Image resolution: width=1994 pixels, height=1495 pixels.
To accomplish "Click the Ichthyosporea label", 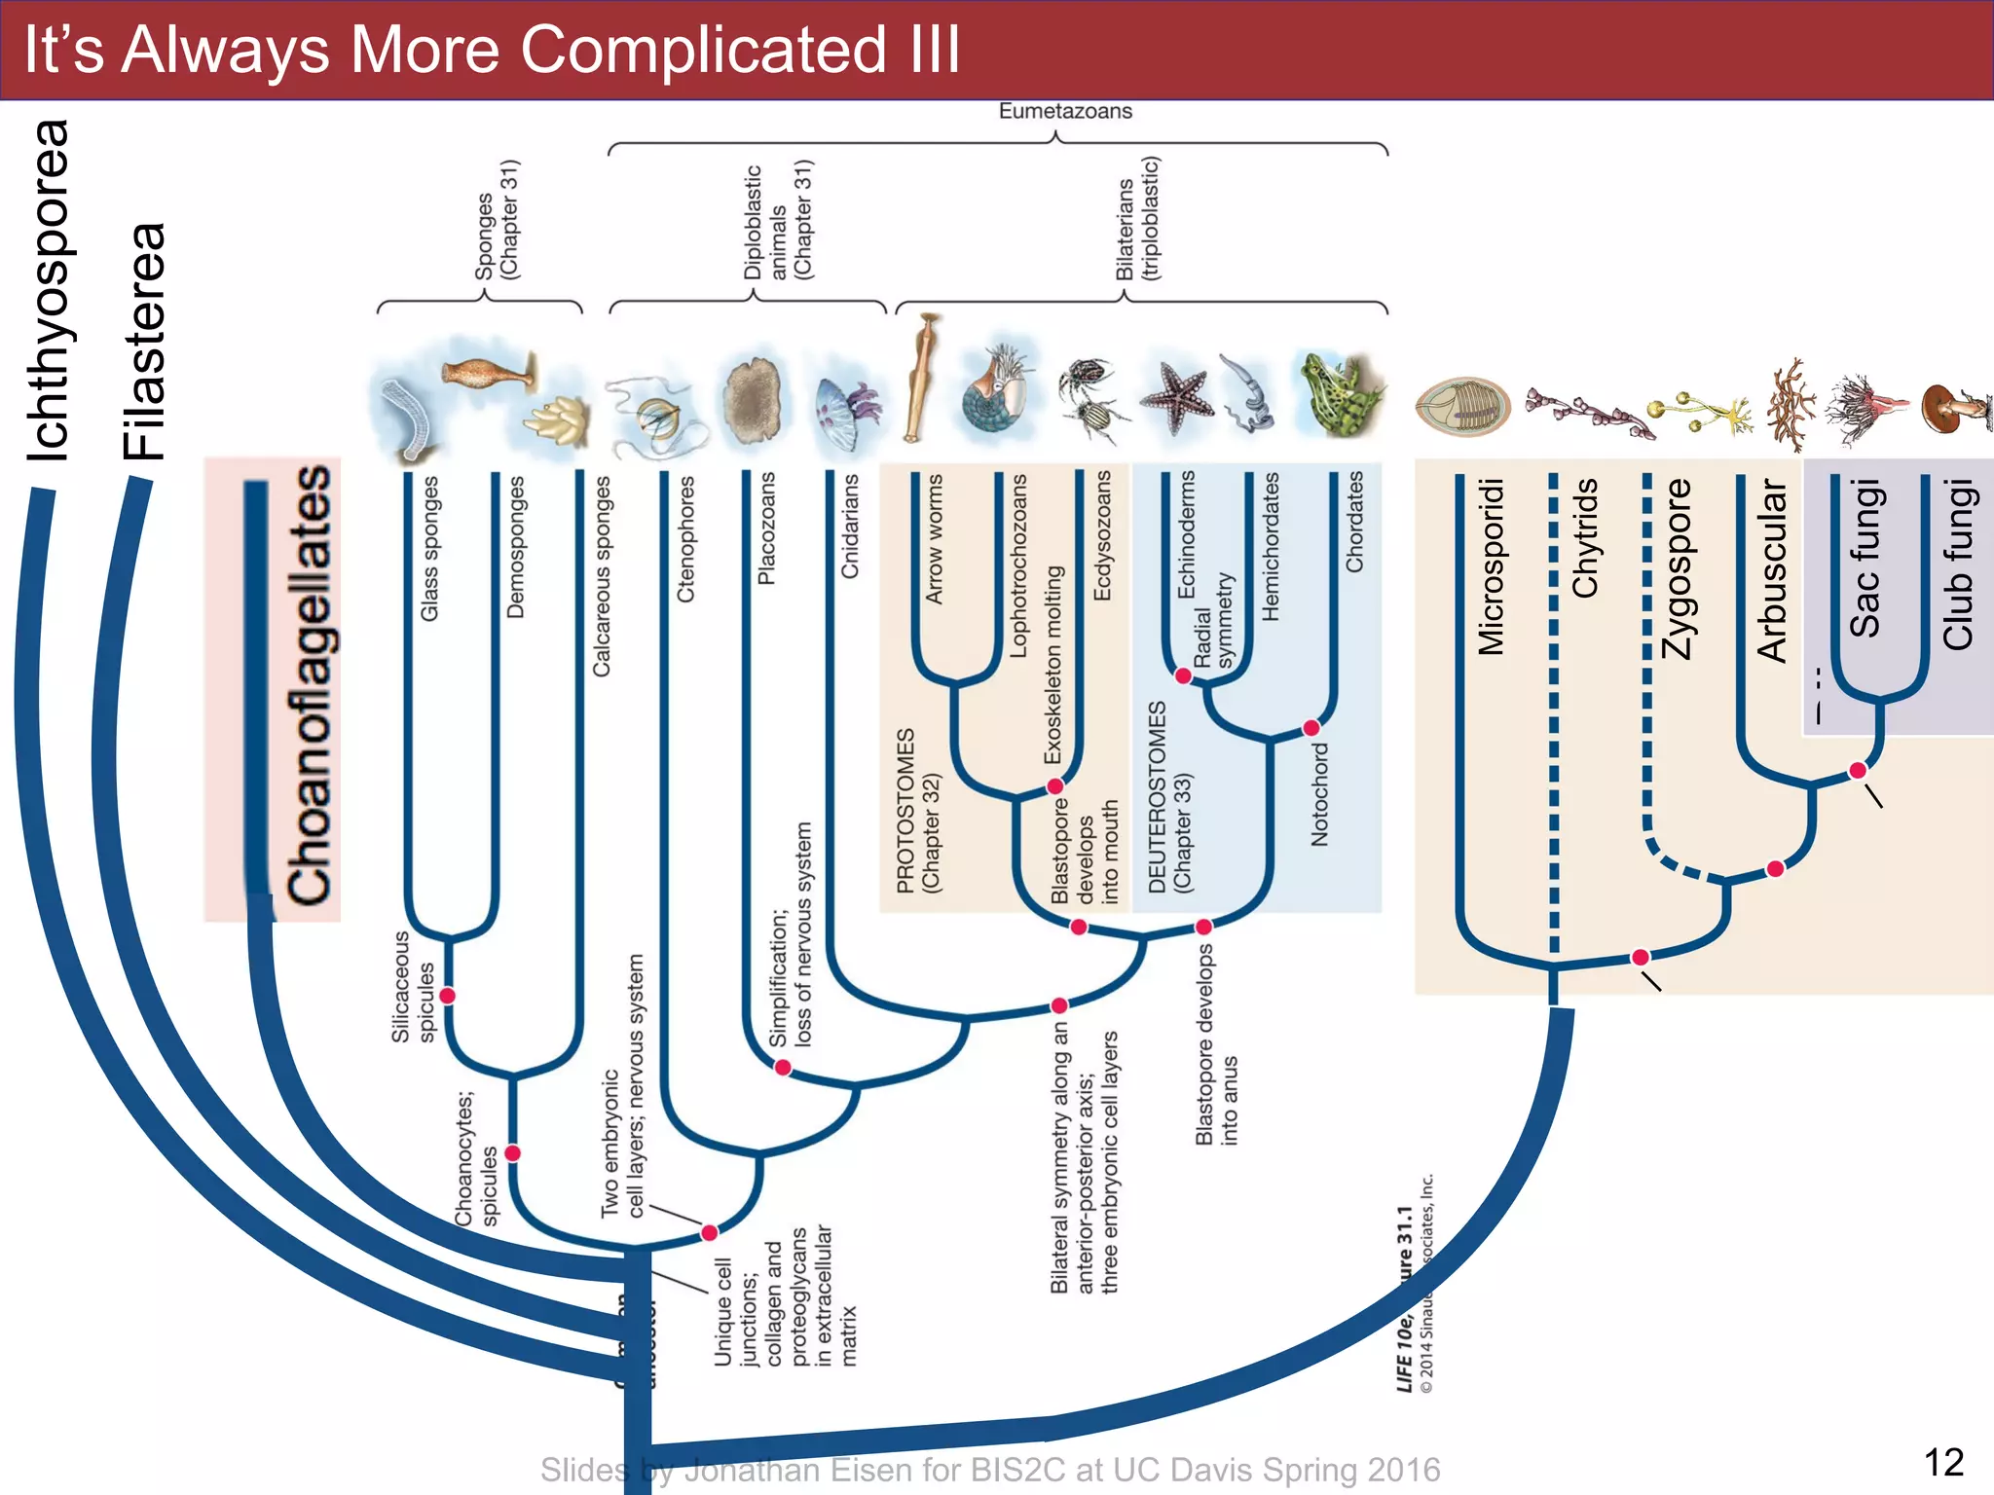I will (49, 290).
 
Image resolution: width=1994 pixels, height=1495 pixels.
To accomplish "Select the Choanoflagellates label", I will (310, 685).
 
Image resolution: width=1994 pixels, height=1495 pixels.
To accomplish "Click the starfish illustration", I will (1177, 397).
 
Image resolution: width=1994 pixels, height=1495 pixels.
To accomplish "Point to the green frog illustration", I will (1339, 394).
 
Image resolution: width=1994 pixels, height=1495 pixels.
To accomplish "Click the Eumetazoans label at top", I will (1065, 111).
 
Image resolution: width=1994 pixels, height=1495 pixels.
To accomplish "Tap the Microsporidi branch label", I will (1491, 566).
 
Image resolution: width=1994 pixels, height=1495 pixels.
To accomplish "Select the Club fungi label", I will (1957, 565).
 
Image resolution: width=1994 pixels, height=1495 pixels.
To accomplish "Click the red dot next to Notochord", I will (1311, 728).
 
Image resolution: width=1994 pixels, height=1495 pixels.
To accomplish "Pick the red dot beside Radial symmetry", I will (1183, 675).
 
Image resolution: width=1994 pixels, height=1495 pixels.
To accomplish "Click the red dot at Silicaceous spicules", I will (447, 995).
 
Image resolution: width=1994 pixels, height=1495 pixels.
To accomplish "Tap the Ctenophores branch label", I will (685, 539).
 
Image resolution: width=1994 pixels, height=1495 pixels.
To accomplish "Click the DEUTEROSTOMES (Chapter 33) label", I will (1169, 796).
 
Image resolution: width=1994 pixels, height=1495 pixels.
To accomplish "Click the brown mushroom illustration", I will (1952, 407).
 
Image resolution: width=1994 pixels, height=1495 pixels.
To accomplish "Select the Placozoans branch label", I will (767, 529).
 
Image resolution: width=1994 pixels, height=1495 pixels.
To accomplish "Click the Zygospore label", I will (1678, 569).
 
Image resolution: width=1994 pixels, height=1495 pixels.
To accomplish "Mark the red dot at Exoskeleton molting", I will (1054, 785).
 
